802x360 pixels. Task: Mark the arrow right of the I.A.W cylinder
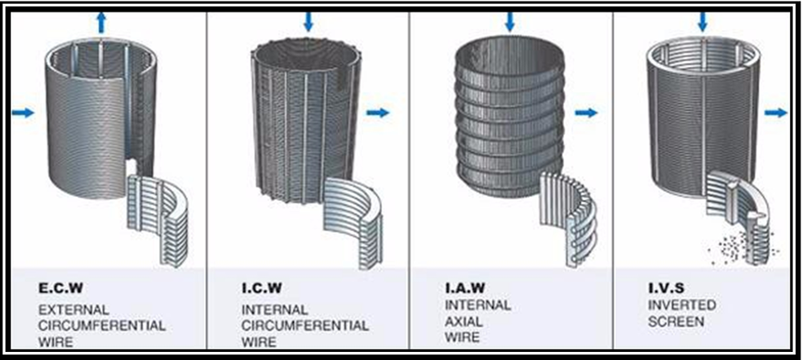tap(586, 112)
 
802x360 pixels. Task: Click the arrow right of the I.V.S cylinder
tap(776, 112)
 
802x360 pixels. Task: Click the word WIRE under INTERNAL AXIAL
tap(463, 338)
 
